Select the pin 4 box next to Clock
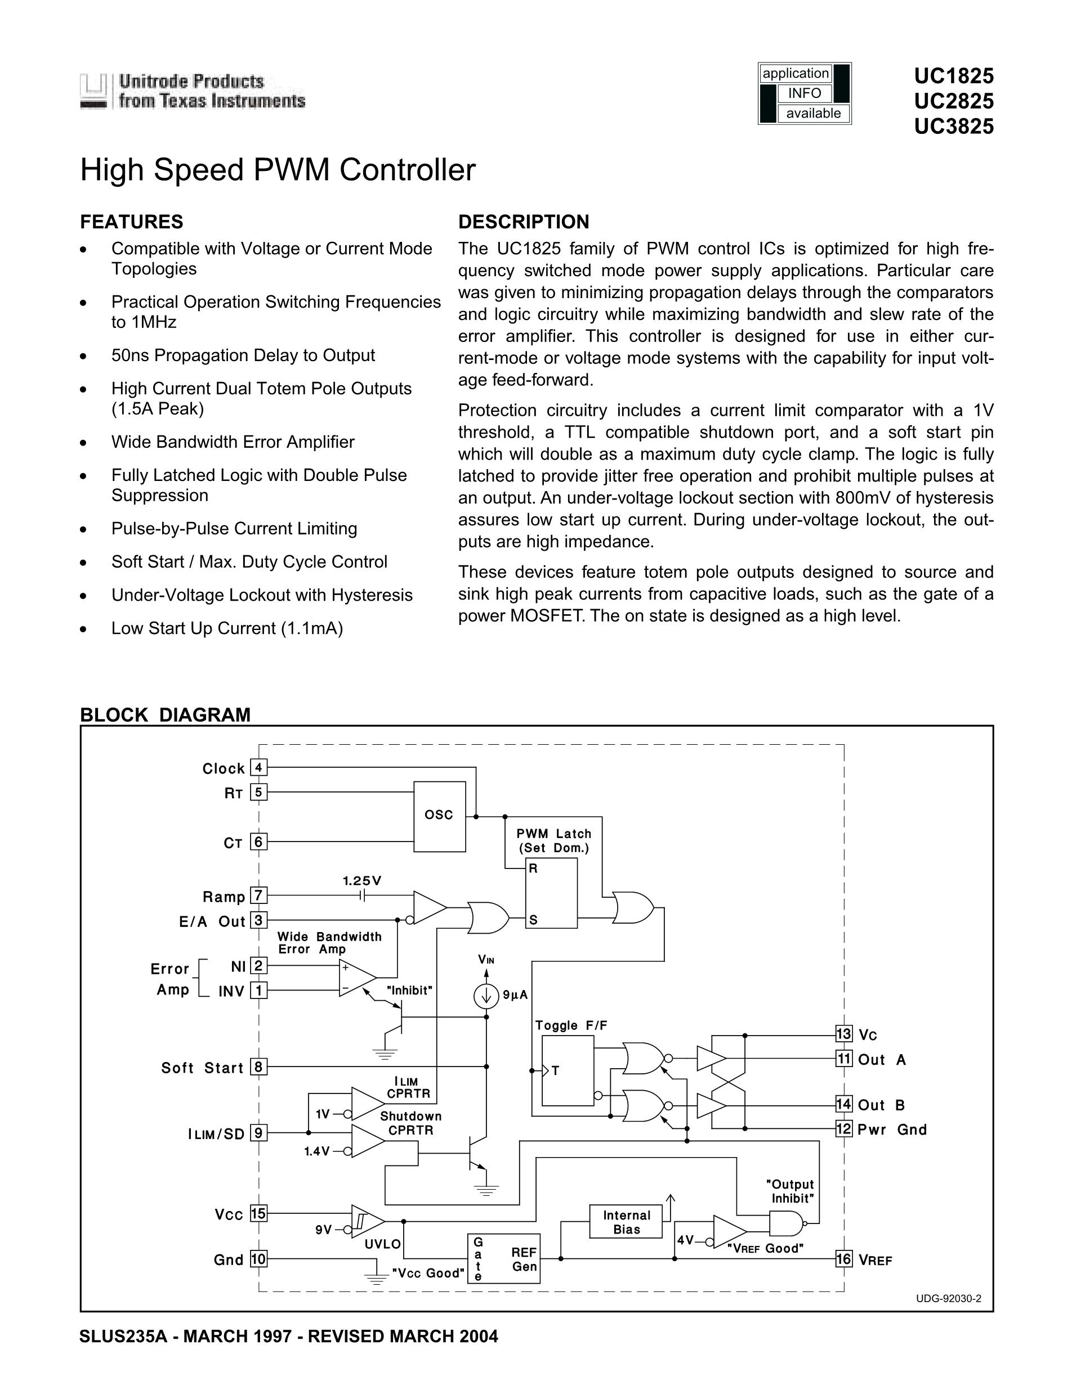pyautogui.click(x=258, y=768)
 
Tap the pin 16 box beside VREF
pyautogui.click(x=843, y=1258)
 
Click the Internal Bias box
pyautogui.click(x=626, y=1222)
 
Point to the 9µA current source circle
pyautogui.click(x=486, y=994)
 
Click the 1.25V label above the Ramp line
pyautogui.click(x=362, y=881)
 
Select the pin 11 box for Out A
pyautogui.click(x=843, y=1059)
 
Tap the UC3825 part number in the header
pyautogui.click(x=954, y=127)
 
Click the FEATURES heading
pyautogui.click(x=131, y=222)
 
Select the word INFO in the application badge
pyautogui.click(x=805, y=93)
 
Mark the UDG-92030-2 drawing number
pyautogui.click(x=948, y=1298)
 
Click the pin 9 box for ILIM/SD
pyautogui.click(x=258, y=1133)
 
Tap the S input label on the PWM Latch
pyautogui.click(x=533, y=920)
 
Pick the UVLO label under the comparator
pyautogui.click(x=382, y=1244)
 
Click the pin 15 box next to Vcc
pyautogui.click(x=258, y=1213)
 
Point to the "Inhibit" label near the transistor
pyautogui.click(x=410, y=990)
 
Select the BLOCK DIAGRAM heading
pyautogui.click(x=165, y=714)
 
